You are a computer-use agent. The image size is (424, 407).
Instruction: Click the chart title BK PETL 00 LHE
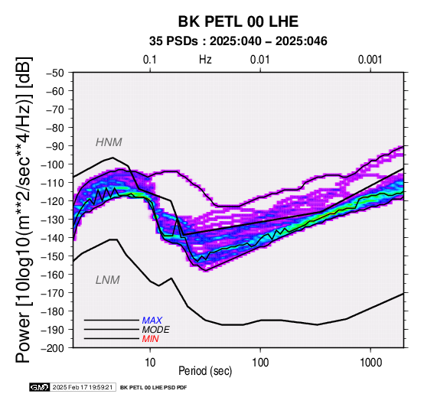tap(238, 21)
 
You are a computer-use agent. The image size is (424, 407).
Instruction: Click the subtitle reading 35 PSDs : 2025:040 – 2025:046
tap(238, 41)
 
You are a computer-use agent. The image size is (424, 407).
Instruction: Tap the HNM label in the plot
tap(109, 142)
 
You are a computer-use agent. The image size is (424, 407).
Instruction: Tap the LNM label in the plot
tap(108, 280)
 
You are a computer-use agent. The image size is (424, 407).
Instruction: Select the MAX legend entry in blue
tap(152, 321)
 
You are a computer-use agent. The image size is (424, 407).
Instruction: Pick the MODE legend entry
tap(156, 330)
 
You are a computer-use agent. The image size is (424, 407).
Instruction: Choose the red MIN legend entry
tap(150, 339)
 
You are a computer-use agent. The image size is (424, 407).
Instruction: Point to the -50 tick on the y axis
tap(55, 73)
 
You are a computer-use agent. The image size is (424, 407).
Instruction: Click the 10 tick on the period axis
tap(150, 363)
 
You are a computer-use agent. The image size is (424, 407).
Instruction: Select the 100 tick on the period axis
tap(260, 363)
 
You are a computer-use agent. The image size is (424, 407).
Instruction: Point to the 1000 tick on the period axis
tap(370, 363)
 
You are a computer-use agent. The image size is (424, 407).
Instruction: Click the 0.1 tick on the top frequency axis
tap(150, 60)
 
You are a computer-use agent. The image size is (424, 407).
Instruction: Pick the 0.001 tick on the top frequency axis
tap(370, 60)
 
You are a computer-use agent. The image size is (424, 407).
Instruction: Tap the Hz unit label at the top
tap(205, 60)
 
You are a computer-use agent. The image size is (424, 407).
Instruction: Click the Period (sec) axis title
tap(205, 371)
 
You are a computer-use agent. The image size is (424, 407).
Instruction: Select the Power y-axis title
tap(23, 210)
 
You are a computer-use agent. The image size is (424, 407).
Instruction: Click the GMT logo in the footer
tap(40, 387)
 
